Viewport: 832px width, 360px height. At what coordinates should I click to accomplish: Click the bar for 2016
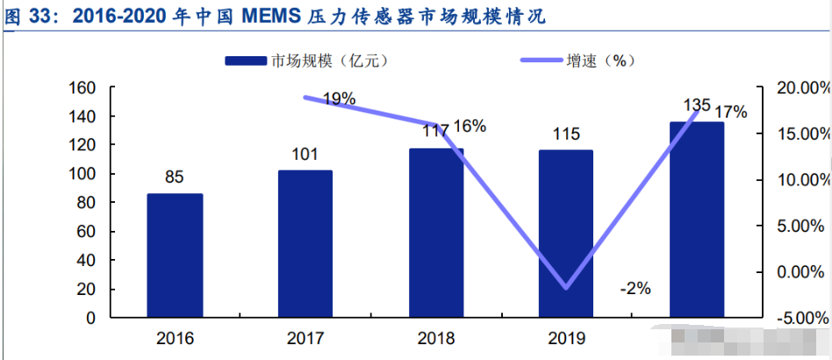tap(175, 256)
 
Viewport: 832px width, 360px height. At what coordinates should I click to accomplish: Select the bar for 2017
tap(305, 244)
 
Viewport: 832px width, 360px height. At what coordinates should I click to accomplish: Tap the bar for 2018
tap(436, 233)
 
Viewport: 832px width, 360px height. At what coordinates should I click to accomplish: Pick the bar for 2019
tap(566, 234)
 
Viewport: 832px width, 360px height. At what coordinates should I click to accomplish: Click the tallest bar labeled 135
tap(697, 220)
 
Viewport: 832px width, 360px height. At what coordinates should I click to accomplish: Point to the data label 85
tap(174, 177)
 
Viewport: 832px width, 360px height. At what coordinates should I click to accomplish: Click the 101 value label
tap(305, 155)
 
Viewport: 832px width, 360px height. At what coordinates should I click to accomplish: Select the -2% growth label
tap(635, 288)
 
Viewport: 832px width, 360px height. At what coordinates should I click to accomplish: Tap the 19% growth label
tap(339, 99)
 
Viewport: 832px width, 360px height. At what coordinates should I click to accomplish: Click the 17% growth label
tap(730, 112)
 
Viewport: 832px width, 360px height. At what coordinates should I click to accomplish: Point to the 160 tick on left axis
tap(82, 88)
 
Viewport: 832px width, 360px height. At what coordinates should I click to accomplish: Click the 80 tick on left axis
tap(86, 203)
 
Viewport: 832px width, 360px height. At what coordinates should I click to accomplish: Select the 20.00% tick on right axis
tap(802, 88)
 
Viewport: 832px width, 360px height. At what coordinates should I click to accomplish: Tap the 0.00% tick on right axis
tap(805, 272)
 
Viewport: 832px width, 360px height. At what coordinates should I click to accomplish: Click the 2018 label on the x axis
tap(436, 338)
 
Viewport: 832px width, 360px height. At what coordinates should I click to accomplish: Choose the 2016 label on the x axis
tap(175, 338)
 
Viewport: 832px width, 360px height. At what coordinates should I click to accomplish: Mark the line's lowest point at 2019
tap(566, 287)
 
